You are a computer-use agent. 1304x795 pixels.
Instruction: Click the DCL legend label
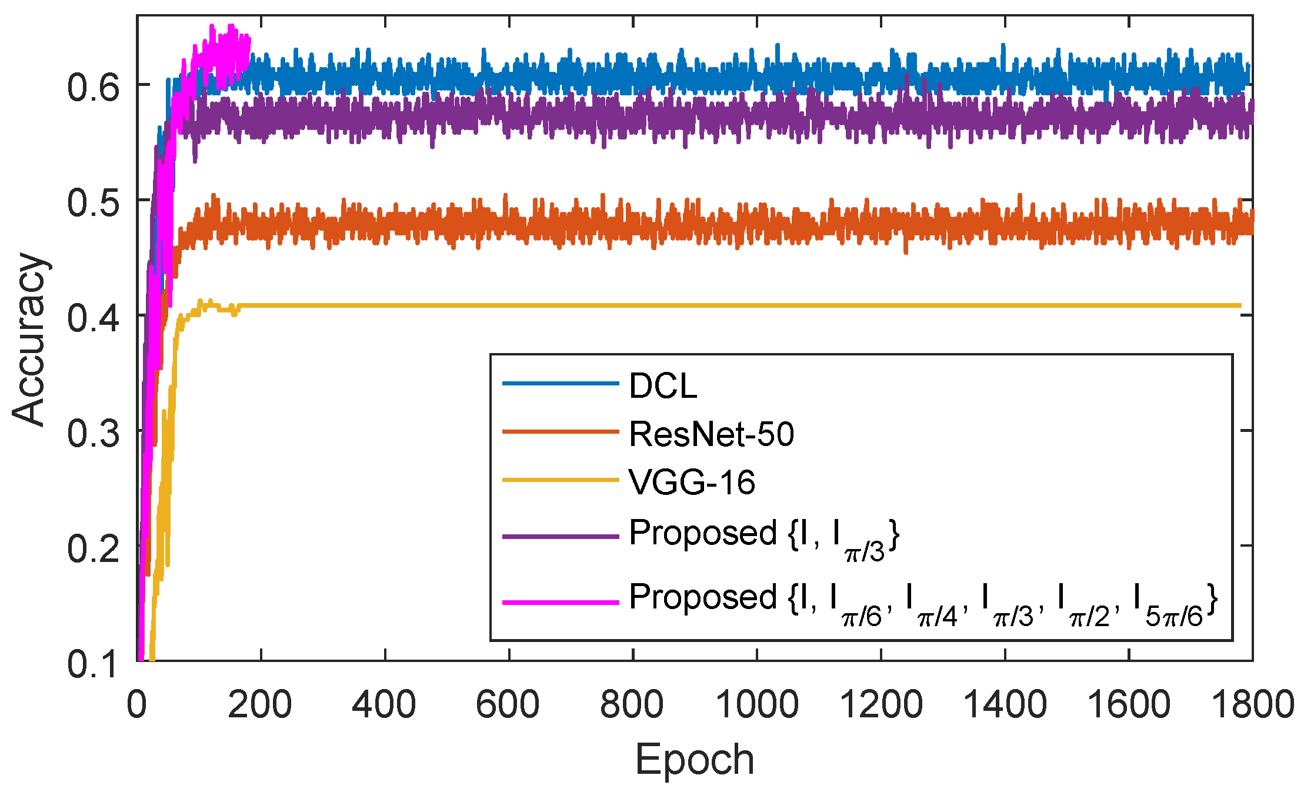pyautogui.click(x=662, y=387)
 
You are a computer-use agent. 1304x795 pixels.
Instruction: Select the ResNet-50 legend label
pyautogui.click(x=711, y=434)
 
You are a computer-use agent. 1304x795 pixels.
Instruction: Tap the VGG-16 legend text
pyautogui.click(x=692, y=483)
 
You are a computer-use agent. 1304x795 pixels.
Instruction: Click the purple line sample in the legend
pyautogui.click(x=560, y=537)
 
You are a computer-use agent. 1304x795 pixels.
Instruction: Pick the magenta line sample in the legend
pyautogui.click(x=560, y=602)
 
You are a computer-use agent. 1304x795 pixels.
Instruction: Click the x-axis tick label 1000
pyautogui.click(x=757, y=704)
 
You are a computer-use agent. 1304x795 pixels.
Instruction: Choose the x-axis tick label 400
pyautogui.click(x=385, y=704)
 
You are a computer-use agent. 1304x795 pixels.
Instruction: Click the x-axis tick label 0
pyautogui.click(x=136, y=704)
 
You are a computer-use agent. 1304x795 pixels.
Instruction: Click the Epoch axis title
pyautogui.click(x=694, y=760)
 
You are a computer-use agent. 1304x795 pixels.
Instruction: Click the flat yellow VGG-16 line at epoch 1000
pyautogui.click(x=757, y=305)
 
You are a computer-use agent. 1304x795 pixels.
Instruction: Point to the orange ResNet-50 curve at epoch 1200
pyautogui.click(x=881, y=227)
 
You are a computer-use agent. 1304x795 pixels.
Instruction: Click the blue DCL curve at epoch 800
pyautogui.click(x=633, y=76)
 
